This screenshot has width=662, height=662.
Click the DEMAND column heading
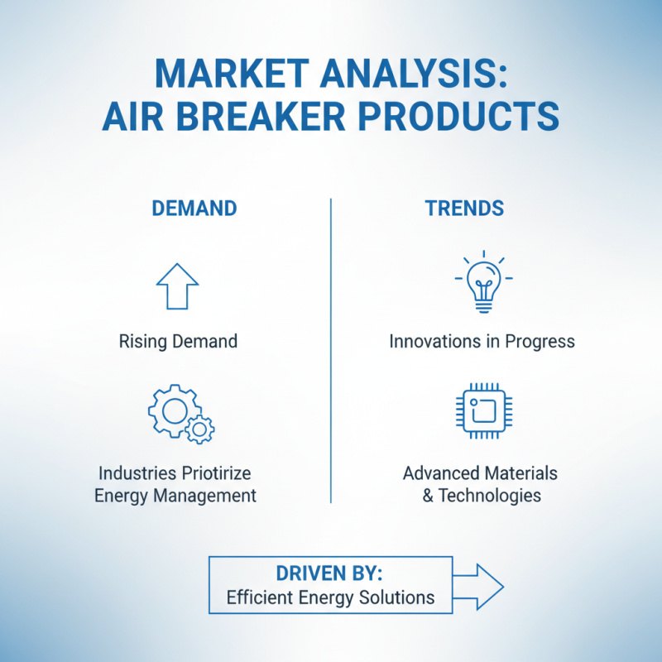click(194, 209)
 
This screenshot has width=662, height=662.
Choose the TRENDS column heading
click(464, 209)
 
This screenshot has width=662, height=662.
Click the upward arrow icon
click(177, 286)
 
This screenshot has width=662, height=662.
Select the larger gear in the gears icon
click(173, 410)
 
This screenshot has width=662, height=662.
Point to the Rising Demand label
click(178, 341)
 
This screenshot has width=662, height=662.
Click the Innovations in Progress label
click(482, 341)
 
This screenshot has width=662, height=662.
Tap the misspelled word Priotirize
click(212, 473)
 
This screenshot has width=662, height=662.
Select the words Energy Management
click(175, 496)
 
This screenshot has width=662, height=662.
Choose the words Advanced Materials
click(480, 473)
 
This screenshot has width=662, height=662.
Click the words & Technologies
click(480, 496)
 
